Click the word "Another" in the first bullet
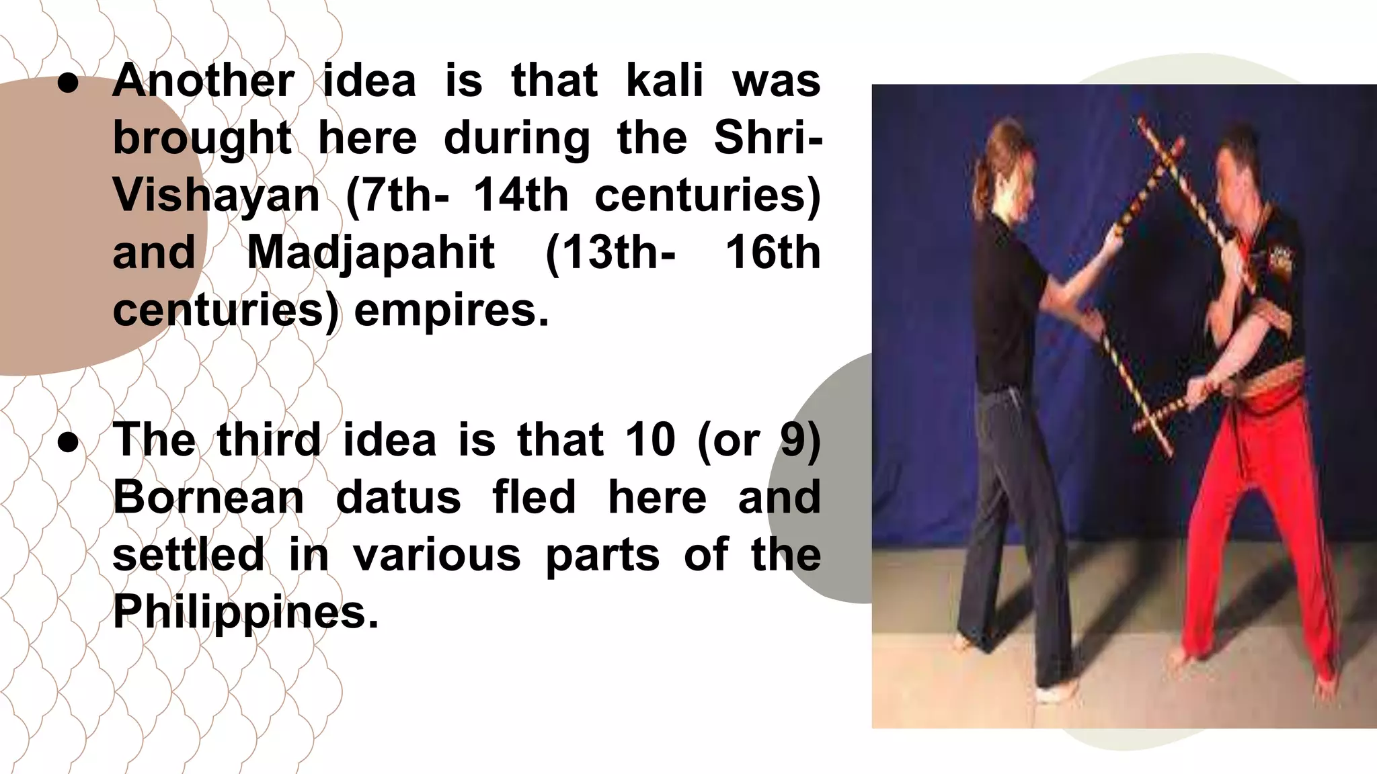pos(204,81)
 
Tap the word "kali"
pos(664,81)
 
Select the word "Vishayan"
pos(216,196)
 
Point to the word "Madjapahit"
pos(371,253)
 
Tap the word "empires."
pos(452,310)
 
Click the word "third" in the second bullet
pos(269,440)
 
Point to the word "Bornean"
pos(208,498)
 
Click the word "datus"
pos(398,498)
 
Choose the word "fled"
pos(534,498)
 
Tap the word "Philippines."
pos(246,612)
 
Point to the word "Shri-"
pos(767,138)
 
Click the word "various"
pos(437,555)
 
